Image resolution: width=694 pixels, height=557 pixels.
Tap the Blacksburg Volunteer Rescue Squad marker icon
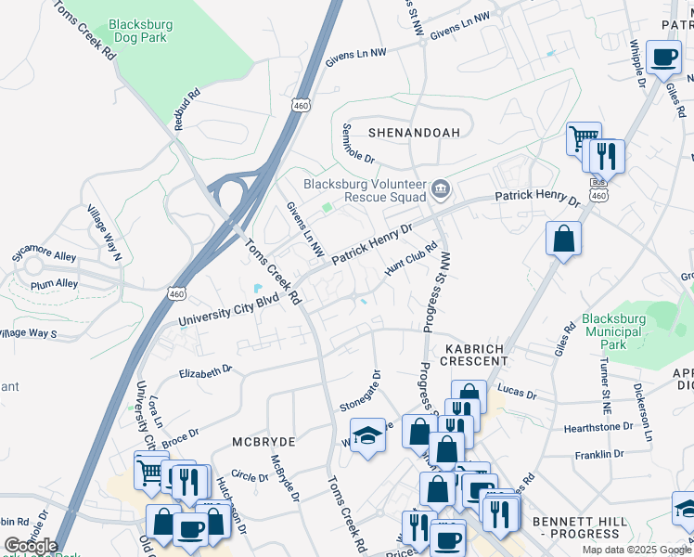pos(441,190)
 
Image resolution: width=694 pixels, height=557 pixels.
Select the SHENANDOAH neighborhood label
pos(415,133)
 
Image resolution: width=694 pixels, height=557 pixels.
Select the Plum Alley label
pos(53,284)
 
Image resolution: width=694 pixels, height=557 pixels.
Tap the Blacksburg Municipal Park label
pos(613,331)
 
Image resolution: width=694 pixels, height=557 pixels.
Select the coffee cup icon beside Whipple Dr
pos(663,58)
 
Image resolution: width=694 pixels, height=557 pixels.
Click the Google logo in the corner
pos(31,546)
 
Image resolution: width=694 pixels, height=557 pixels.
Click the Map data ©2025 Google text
pos(636,550)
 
